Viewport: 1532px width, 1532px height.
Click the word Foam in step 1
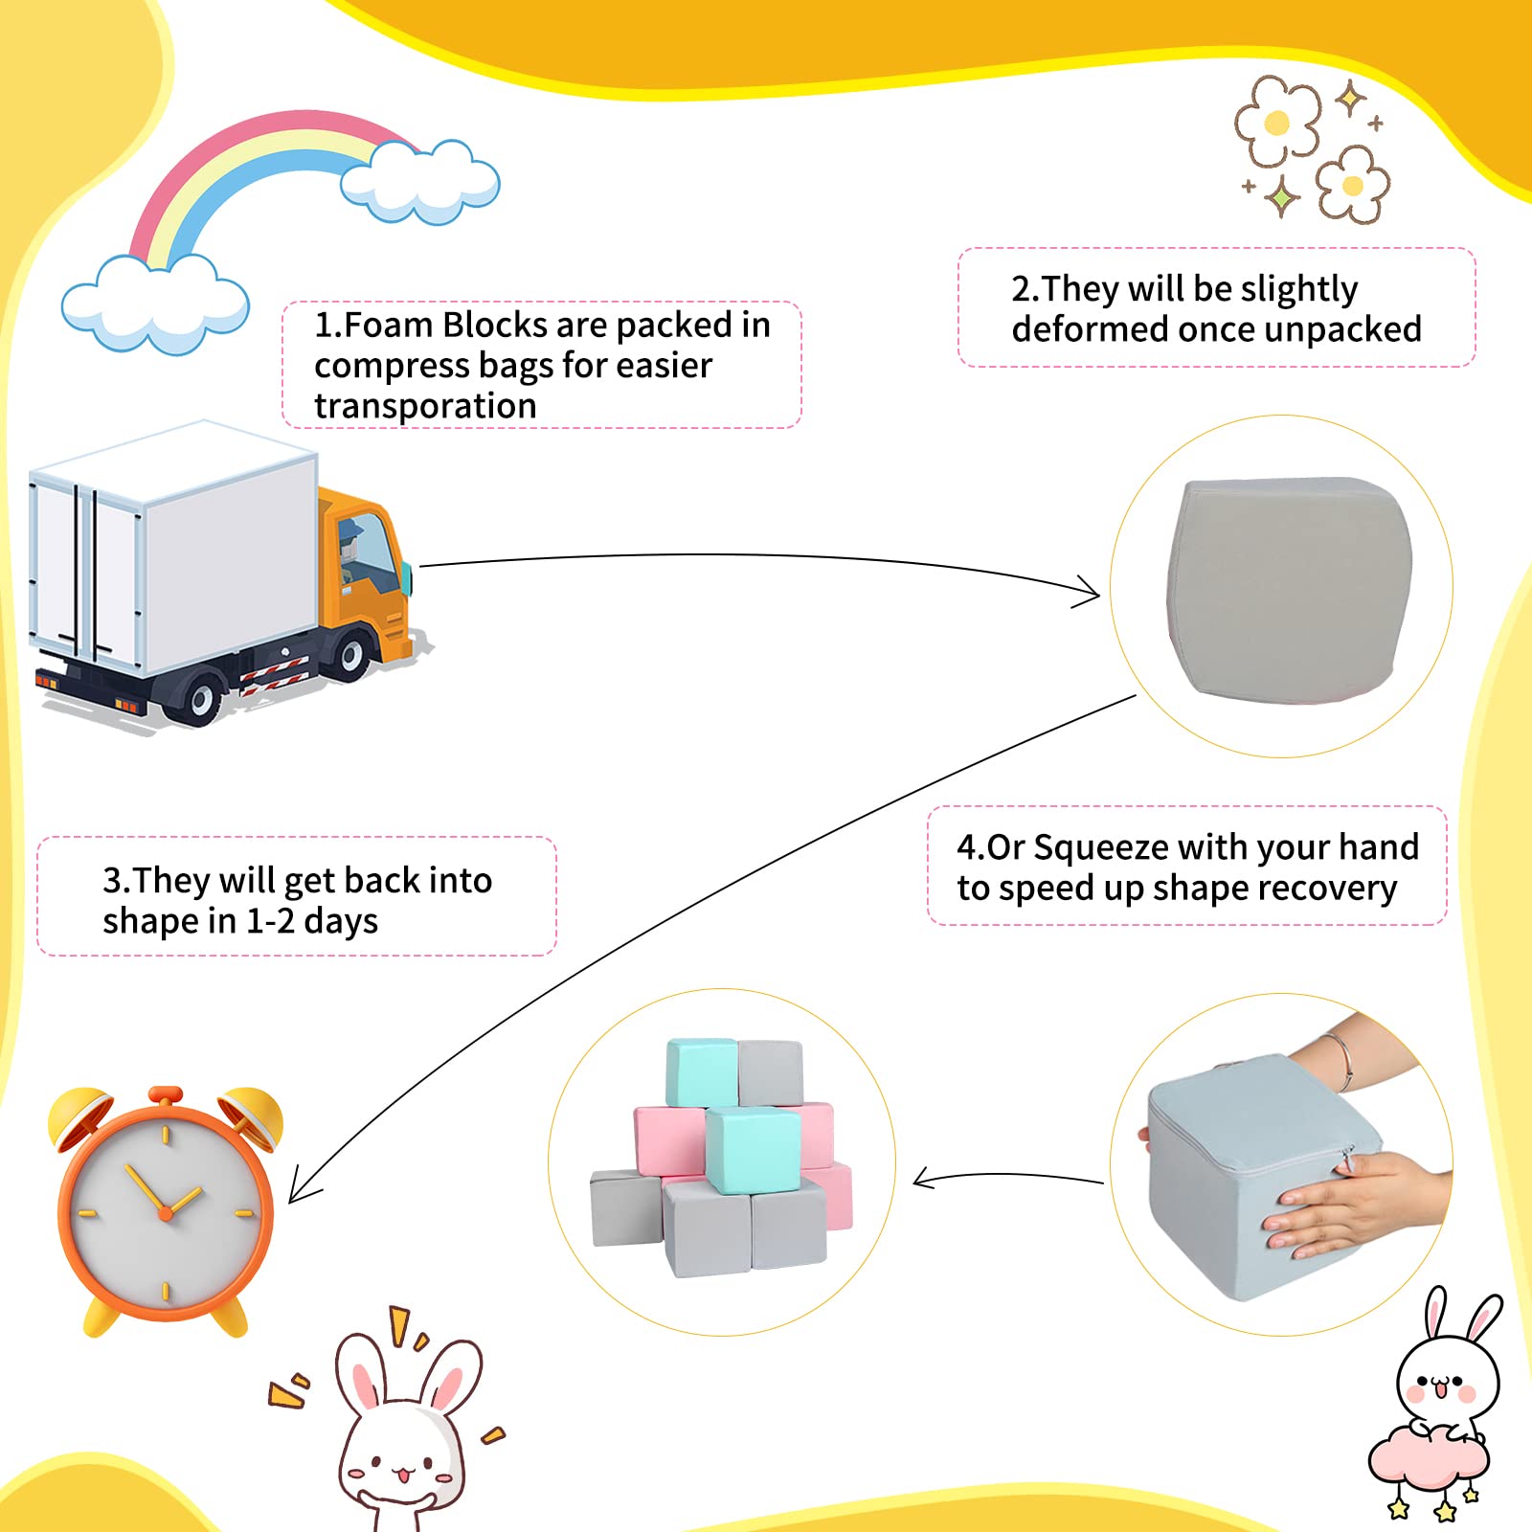388,326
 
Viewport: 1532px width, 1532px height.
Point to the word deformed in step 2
1091,329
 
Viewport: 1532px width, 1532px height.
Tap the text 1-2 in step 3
270,921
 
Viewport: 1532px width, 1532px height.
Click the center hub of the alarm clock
166,1213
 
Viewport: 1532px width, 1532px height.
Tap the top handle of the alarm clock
166,1094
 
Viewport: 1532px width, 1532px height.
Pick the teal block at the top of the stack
702,1072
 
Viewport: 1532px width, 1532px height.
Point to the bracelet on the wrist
1340,1061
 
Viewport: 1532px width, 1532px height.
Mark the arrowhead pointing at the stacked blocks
924,1179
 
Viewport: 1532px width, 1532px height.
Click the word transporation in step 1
425,406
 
